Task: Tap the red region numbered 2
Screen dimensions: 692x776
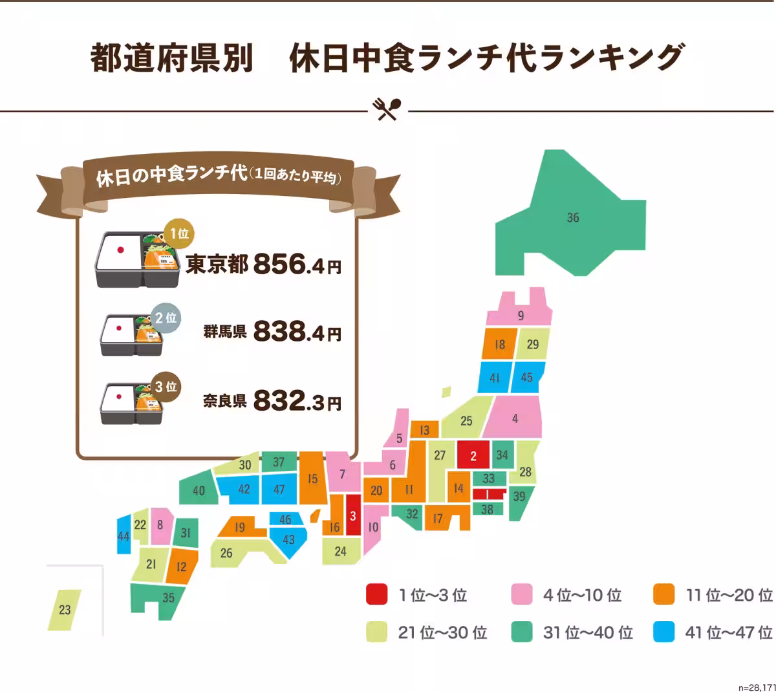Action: click(x=473, y=455)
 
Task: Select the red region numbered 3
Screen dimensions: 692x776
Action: click(x=353, y=515)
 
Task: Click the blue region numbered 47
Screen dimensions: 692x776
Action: click(x=279, y=490)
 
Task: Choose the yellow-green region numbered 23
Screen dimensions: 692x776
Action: click(x=65, y=609)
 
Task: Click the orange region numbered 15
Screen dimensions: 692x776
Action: click(x=313, y=479)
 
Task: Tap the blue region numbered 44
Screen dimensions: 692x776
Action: click(x=124, y=536)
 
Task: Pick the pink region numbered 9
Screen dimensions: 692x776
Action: click(x=521, y=316)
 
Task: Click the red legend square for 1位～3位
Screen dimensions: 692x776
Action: click(x=376, y=594)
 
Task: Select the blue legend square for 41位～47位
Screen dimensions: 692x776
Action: click(x=663, y=632)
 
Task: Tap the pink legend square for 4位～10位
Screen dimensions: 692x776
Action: click(x=521, y=594)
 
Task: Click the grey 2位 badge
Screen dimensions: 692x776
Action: click(x=166, y=318)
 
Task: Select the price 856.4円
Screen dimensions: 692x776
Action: click(x=297, y=264)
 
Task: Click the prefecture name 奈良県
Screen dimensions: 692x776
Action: click(x=224, y=401)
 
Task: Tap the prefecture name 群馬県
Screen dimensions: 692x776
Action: click(x=224, y=332)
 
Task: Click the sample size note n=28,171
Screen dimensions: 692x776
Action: click(x=756, y=687)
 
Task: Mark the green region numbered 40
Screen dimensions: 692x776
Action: click(x=199, y=490)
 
